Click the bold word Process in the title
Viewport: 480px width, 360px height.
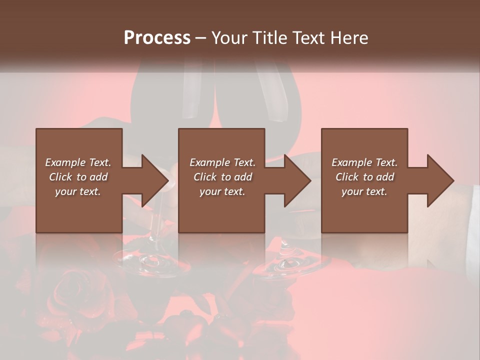[157, 38]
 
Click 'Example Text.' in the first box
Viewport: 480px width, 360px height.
[78, 162]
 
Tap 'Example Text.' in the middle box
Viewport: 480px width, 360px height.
[222, 162]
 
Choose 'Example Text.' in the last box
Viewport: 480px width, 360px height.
[364, 162]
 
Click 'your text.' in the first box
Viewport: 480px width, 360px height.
[78, 191]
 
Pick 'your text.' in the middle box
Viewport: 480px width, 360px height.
[222, 191]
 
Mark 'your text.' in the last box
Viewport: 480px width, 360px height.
[364, 191]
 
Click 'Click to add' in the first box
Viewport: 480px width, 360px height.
[78, 177]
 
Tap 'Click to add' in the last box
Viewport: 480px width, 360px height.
[364, 177]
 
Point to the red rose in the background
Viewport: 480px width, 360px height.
[67, 295]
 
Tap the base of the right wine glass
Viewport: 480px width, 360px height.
[290, 262]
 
